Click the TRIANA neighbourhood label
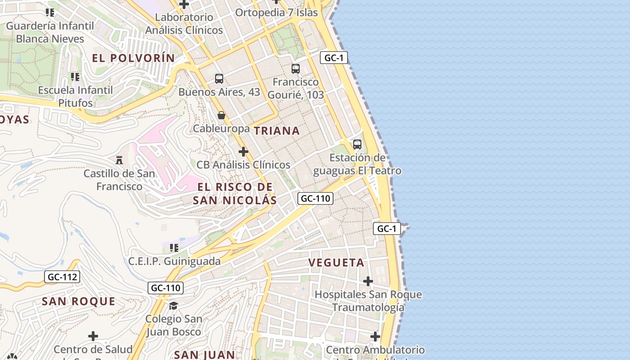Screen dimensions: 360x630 pos(277,131)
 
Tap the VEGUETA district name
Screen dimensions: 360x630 pos(336,263)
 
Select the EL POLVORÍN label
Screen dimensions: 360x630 pos(133,58)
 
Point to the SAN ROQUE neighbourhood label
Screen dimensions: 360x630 pos(78,301)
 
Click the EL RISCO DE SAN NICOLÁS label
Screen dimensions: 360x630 pos(235,193)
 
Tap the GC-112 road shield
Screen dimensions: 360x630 pos(62,277)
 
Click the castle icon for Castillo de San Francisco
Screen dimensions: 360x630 pos(119,160)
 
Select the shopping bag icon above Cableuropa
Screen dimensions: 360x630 pos(221,115)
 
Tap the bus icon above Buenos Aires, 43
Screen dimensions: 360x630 pos(219,79)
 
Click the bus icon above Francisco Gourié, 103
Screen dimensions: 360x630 pos(296,69)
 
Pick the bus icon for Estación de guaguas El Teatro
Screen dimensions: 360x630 pos(357,144)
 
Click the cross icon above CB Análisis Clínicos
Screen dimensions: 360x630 pos(243,152)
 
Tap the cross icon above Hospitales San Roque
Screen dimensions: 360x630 pos(368,281)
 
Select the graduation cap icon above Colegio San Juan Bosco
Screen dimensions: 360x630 pos(173,306)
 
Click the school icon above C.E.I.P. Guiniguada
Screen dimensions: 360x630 pos(174,247)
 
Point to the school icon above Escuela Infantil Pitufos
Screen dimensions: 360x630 pos(75,77)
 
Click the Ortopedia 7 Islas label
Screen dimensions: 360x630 pos(276,13)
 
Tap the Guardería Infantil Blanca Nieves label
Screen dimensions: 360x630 pos(50,32)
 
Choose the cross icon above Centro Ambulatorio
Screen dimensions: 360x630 pos(375,337)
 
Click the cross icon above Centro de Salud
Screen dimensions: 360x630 pos(93,336)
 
